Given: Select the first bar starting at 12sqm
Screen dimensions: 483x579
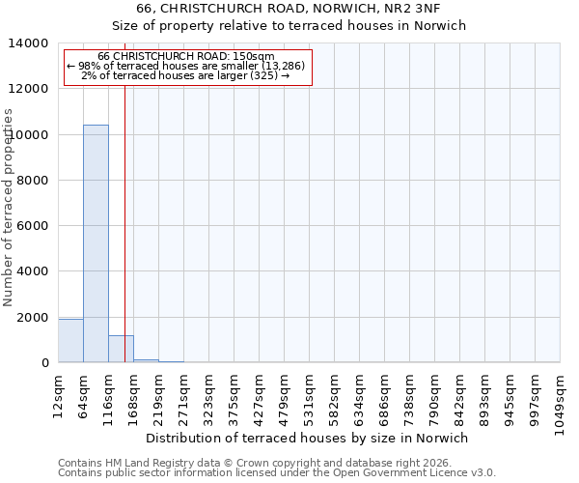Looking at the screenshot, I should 70,341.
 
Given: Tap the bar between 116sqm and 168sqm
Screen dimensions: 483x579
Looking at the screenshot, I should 121,349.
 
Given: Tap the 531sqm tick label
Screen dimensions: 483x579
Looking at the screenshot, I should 308,395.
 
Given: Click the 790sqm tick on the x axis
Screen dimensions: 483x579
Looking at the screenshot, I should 433,395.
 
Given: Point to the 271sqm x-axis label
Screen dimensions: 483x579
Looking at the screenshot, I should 182,395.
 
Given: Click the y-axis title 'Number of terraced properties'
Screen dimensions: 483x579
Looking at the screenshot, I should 9,208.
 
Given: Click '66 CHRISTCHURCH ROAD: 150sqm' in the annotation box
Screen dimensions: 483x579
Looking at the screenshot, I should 186,57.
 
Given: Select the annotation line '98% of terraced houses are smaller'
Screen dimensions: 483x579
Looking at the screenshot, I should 186,66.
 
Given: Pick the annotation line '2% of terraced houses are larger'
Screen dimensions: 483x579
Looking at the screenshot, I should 186,75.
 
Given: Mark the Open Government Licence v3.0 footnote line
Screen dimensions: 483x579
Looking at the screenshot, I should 277,473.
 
